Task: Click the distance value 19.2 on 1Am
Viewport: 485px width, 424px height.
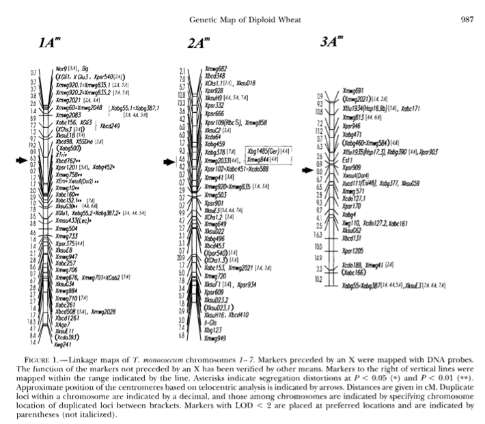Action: point(32,145)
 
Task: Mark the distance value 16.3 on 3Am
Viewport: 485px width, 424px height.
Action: point(319,234)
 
